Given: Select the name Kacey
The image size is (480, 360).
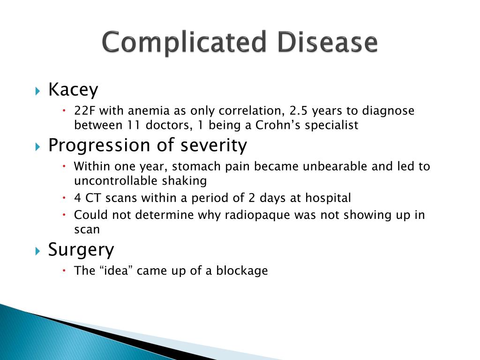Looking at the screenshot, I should (x=73, y=89).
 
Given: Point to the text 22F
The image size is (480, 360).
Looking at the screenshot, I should (x=84, y=111).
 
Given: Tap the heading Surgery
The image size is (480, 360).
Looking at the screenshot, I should (x=81, y=250).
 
